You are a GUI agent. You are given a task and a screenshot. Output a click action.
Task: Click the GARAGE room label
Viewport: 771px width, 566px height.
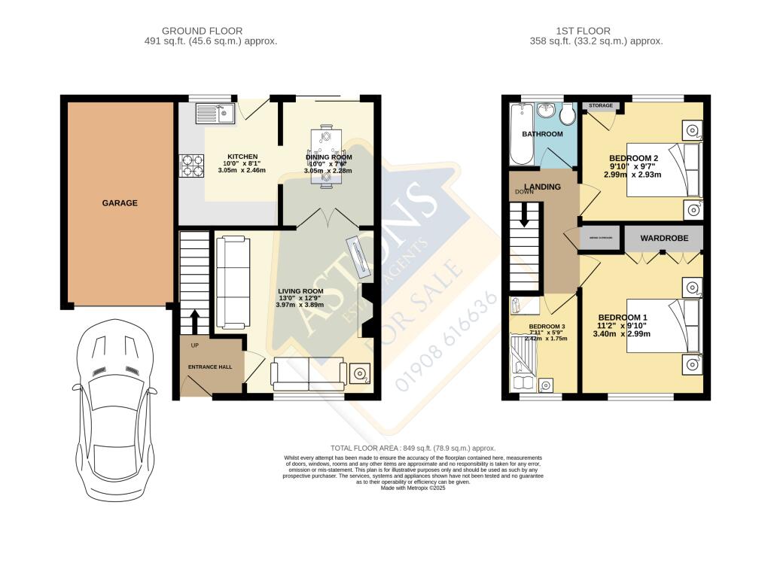[120, 203]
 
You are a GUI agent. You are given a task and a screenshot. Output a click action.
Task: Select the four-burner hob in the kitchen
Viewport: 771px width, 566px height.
[191, 166]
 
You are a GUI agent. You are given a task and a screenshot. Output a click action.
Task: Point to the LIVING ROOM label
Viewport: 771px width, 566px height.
[300, 291]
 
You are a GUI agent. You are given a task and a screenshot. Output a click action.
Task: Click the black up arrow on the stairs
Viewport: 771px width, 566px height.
[194, 321]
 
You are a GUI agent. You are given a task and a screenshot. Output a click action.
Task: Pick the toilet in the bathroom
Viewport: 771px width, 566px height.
[567, 114]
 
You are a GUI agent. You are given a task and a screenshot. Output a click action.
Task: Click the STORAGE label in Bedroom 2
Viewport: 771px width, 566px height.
[600, 106]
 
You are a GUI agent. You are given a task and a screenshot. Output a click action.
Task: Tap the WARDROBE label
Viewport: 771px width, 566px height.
[661, 239]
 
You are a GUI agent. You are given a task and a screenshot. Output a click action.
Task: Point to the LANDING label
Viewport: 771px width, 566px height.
[543, 187]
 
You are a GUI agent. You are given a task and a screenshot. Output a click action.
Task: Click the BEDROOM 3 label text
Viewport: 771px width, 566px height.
[548, 327]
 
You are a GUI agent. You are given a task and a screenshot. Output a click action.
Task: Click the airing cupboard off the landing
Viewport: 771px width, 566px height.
[600, 238]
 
